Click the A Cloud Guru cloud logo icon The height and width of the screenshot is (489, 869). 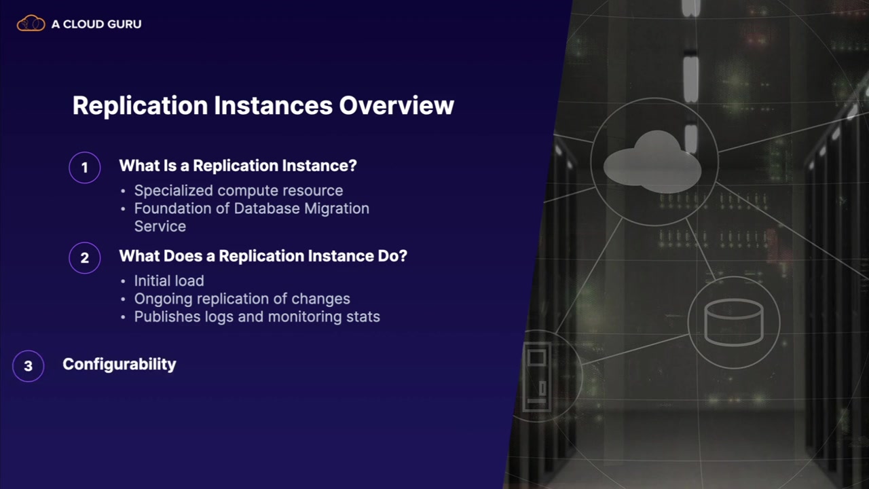(x=31, y=23)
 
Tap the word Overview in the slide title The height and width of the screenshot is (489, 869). (x=396, y=105)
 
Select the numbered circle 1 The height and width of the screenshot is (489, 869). (x=85, y=168)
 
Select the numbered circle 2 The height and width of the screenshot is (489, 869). (x=85, y=258)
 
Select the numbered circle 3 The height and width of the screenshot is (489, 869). (x=29, y=366)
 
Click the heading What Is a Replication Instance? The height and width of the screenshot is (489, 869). (x=238, y=166)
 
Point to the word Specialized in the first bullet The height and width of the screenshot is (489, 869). (x=173, y=191)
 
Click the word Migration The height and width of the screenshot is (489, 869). (x=336, y=209)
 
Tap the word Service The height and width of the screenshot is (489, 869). (x=160, y=226)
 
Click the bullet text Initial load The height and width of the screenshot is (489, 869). (x=169, y=280)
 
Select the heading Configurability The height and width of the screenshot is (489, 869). (x=119, y=365)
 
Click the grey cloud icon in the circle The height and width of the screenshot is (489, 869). (x=652, y=162)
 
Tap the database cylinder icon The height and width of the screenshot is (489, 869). (x=734, y=322)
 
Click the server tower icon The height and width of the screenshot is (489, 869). (x=537, y=376)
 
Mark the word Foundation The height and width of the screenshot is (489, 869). (x=173, y=209)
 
